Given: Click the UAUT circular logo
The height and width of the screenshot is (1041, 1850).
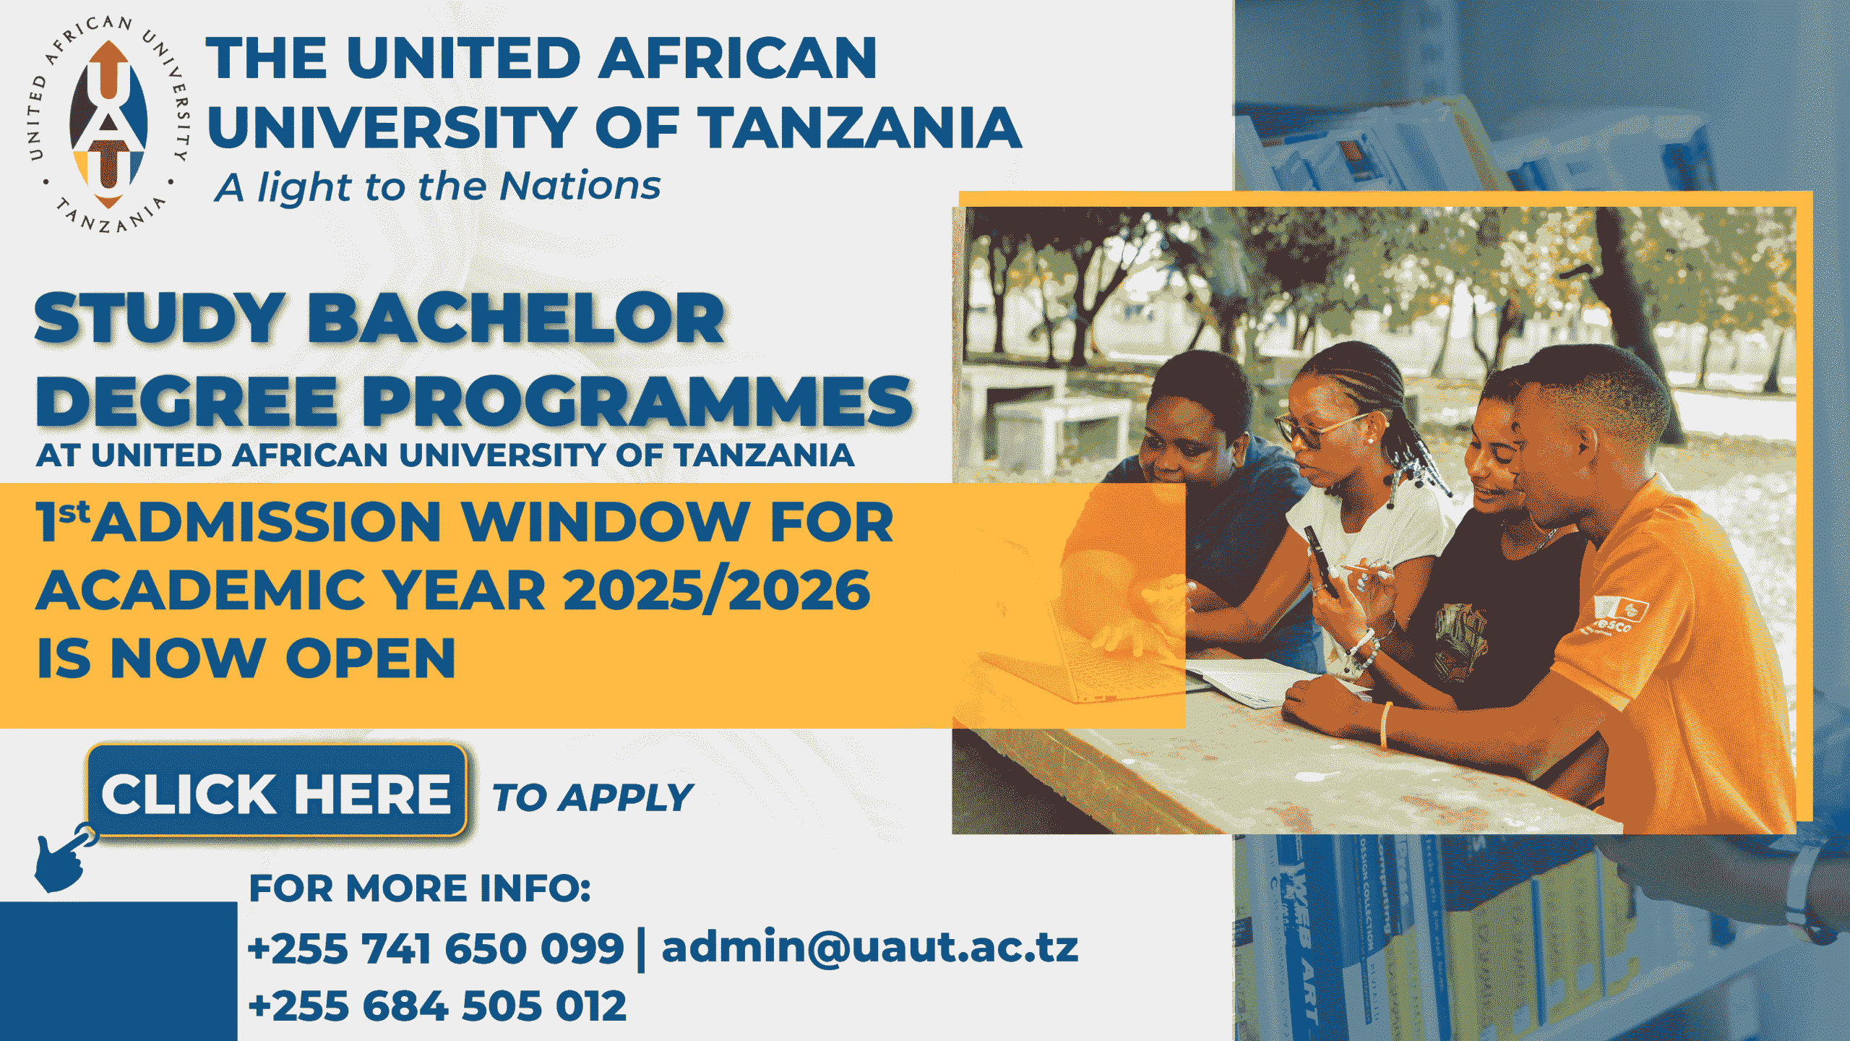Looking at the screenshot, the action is [x=108, y=124].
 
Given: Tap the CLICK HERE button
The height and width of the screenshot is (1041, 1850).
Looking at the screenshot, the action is [x=277, y=792].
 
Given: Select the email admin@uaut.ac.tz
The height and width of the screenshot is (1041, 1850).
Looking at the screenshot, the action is [x=869, y=946].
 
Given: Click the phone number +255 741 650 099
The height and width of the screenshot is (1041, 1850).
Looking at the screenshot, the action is [x=436, y=948].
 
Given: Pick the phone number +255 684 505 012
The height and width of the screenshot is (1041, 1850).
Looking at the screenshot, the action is [x=437, y=1006].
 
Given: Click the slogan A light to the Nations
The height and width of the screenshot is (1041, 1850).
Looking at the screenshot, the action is [x=437, y=187].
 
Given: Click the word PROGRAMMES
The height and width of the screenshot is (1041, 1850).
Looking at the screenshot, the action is [x=637, y=401].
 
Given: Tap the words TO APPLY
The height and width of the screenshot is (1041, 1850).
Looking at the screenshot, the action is [x=592, y=798].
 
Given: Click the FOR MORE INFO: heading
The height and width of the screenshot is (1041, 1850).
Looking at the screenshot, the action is [x=420, y=888].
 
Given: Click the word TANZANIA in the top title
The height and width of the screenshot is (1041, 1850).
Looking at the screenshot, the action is [x=859, y=127].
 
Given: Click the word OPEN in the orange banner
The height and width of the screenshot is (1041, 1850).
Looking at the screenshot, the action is [x=371, y=658].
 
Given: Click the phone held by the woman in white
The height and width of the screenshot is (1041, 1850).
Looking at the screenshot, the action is [x=1321, y=559].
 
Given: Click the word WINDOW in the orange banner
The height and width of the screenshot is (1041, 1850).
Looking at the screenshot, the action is [x=606, y=521].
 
